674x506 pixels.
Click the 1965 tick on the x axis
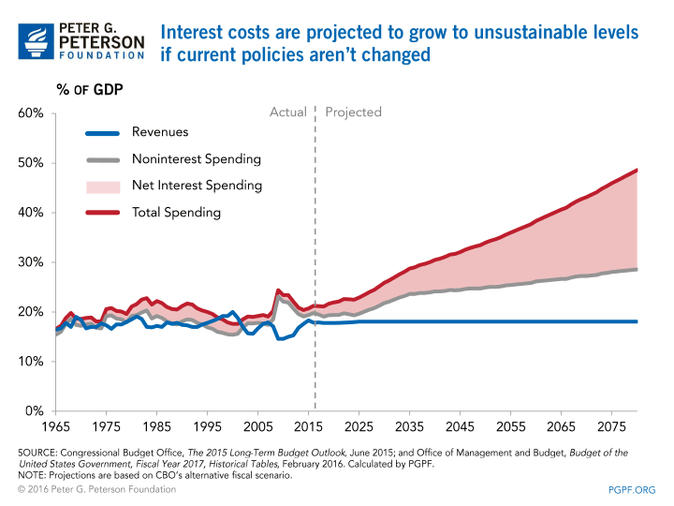(57, 426)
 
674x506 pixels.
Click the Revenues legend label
(160, 133)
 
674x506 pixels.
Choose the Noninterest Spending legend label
(196, 159)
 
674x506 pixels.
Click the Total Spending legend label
(176, 212)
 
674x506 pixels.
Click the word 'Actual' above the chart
(288, 112)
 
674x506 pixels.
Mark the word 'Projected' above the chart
(354, 112)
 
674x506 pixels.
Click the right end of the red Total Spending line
(637, 171)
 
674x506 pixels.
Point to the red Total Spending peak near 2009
(278, 290)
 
